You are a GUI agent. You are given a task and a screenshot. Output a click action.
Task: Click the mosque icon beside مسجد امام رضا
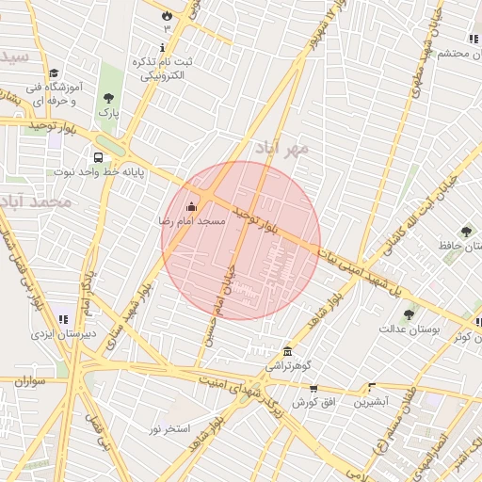192,206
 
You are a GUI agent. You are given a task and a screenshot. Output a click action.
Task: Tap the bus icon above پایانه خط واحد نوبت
98,157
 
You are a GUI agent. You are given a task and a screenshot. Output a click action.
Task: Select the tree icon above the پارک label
109,97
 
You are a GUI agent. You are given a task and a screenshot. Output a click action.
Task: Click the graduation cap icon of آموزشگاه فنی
54,73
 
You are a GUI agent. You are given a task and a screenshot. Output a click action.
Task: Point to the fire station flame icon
168,15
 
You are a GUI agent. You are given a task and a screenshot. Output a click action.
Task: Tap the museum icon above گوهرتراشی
287,351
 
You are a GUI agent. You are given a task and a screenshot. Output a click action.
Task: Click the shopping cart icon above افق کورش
313,388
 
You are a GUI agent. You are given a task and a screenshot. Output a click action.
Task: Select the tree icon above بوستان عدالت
408,315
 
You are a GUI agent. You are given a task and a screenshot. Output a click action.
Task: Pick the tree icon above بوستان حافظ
466,232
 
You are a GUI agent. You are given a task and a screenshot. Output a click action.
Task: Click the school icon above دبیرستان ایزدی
63,319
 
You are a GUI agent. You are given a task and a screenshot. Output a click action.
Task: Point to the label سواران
29,382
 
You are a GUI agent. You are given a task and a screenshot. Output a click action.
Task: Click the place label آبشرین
370,402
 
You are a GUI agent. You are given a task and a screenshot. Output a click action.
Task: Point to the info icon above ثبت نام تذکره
162,47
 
